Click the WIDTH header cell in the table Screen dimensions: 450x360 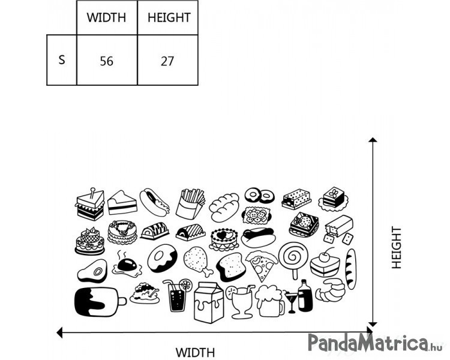point(107,18)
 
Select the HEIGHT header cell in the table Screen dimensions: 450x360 point(168,18)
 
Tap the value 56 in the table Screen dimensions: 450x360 point(106,61)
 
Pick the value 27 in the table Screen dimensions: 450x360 point(167,61)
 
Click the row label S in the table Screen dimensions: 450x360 point(62,60)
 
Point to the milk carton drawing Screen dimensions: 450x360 point(209,302)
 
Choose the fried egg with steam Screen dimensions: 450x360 point(127,265)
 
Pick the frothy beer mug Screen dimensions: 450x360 point(269,301)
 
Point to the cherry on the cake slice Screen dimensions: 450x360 point(325,256)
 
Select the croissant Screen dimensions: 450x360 point(330,290)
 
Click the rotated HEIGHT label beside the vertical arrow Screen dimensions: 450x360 point(397,247)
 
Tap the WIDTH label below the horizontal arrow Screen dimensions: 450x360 point(195,352)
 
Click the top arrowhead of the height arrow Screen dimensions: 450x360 point(373,140)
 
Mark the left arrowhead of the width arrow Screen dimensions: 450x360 point(59,332)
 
